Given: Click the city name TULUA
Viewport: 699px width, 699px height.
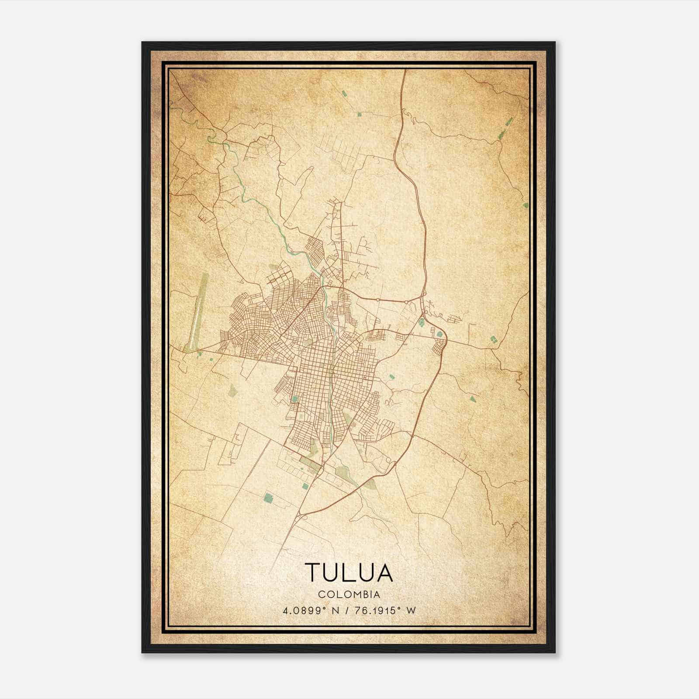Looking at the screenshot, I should point(349,573).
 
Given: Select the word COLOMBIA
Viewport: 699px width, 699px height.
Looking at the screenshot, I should point(349,595).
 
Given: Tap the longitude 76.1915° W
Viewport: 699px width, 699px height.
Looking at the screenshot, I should point(382,610).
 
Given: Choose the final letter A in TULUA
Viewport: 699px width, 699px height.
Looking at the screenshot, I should point(384,573).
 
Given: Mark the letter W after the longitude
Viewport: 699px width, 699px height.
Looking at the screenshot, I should point(411,610).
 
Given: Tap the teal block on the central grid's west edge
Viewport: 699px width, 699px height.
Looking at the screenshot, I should point(295,398).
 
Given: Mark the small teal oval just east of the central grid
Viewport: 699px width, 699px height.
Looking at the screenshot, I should point(391,375).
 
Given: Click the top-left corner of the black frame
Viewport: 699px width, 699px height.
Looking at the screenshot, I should point(142,42).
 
